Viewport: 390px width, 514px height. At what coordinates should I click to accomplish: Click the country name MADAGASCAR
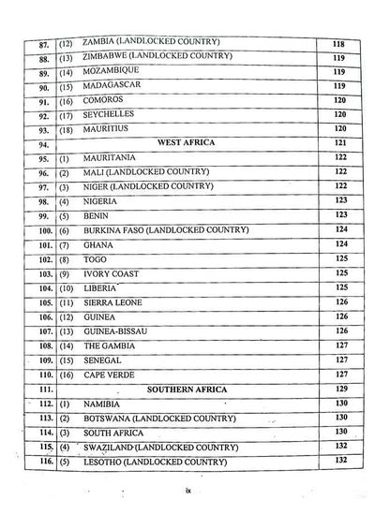(x=115, y=84)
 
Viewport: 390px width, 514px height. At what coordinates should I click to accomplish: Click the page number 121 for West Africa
(x=340, y=142)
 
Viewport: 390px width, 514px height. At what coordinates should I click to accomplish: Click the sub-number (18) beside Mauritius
(x=66, y=128)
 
